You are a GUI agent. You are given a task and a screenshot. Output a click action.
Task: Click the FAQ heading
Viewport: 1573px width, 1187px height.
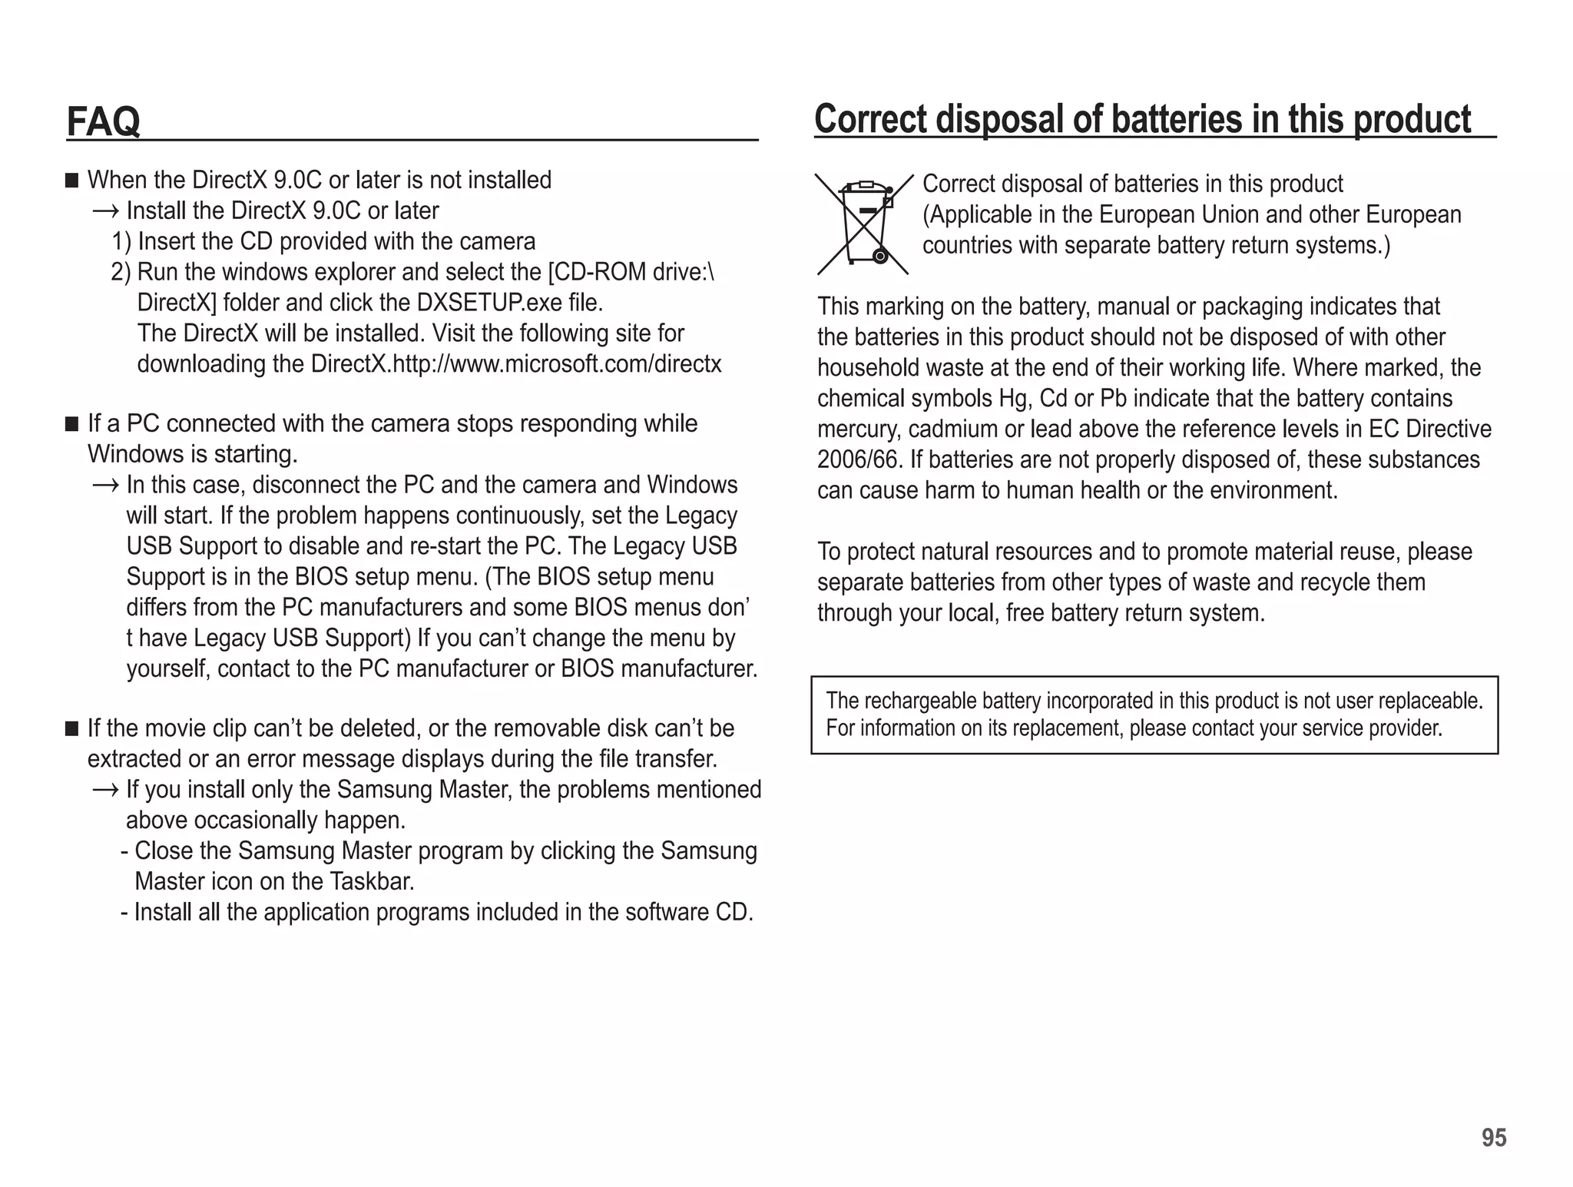tap(104, 121)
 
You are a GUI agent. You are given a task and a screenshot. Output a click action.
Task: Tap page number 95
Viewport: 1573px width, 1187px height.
tap(1494, 1138)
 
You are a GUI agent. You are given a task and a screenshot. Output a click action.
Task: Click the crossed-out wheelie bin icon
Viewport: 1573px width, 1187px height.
tap(864, 224)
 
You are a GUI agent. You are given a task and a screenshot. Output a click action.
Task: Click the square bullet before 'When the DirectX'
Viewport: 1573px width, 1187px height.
tap(72, 181)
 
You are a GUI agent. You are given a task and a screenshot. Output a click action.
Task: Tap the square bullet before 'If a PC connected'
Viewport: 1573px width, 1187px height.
tap(72, 424)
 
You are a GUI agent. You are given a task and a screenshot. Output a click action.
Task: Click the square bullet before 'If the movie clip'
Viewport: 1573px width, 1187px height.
tap(72, 728)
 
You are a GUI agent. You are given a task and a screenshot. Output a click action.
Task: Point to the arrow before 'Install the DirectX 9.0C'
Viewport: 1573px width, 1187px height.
tap(105, 211)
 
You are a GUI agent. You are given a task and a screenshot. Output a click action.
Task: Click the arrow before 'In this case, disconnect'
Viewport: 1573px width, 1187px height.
tap(105, 486)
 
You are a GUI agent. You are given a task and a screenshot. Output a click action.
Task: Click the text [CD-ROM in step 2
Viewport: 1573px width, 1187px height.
tap(597, 273)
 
